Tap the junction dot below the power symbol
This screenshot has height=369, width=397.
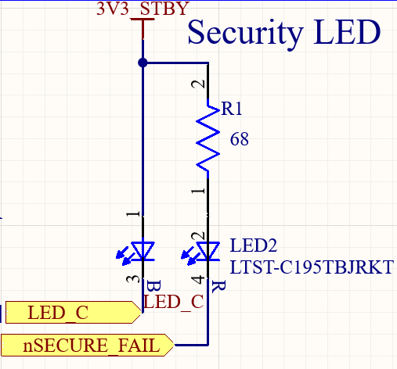[142, 63]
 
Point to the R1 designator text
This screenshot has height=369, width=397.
[231, 110]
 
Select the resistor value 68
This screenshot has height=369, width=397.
[240, 139]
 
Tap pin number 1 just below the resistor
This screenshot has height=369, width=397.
[200, 189]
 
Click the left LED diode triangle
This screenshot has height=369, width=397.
[142, 251]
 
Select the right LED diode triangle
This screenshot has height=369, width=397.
[208, 251]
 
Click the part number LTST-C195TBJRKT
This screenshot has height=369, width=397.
[312, 267]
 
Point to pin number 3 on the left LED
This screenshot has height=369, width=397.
[133, 278]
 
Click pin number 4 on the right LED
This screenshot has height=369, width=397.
[200, 278]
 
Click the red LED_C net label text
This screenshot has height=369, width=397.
[174, 301]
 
